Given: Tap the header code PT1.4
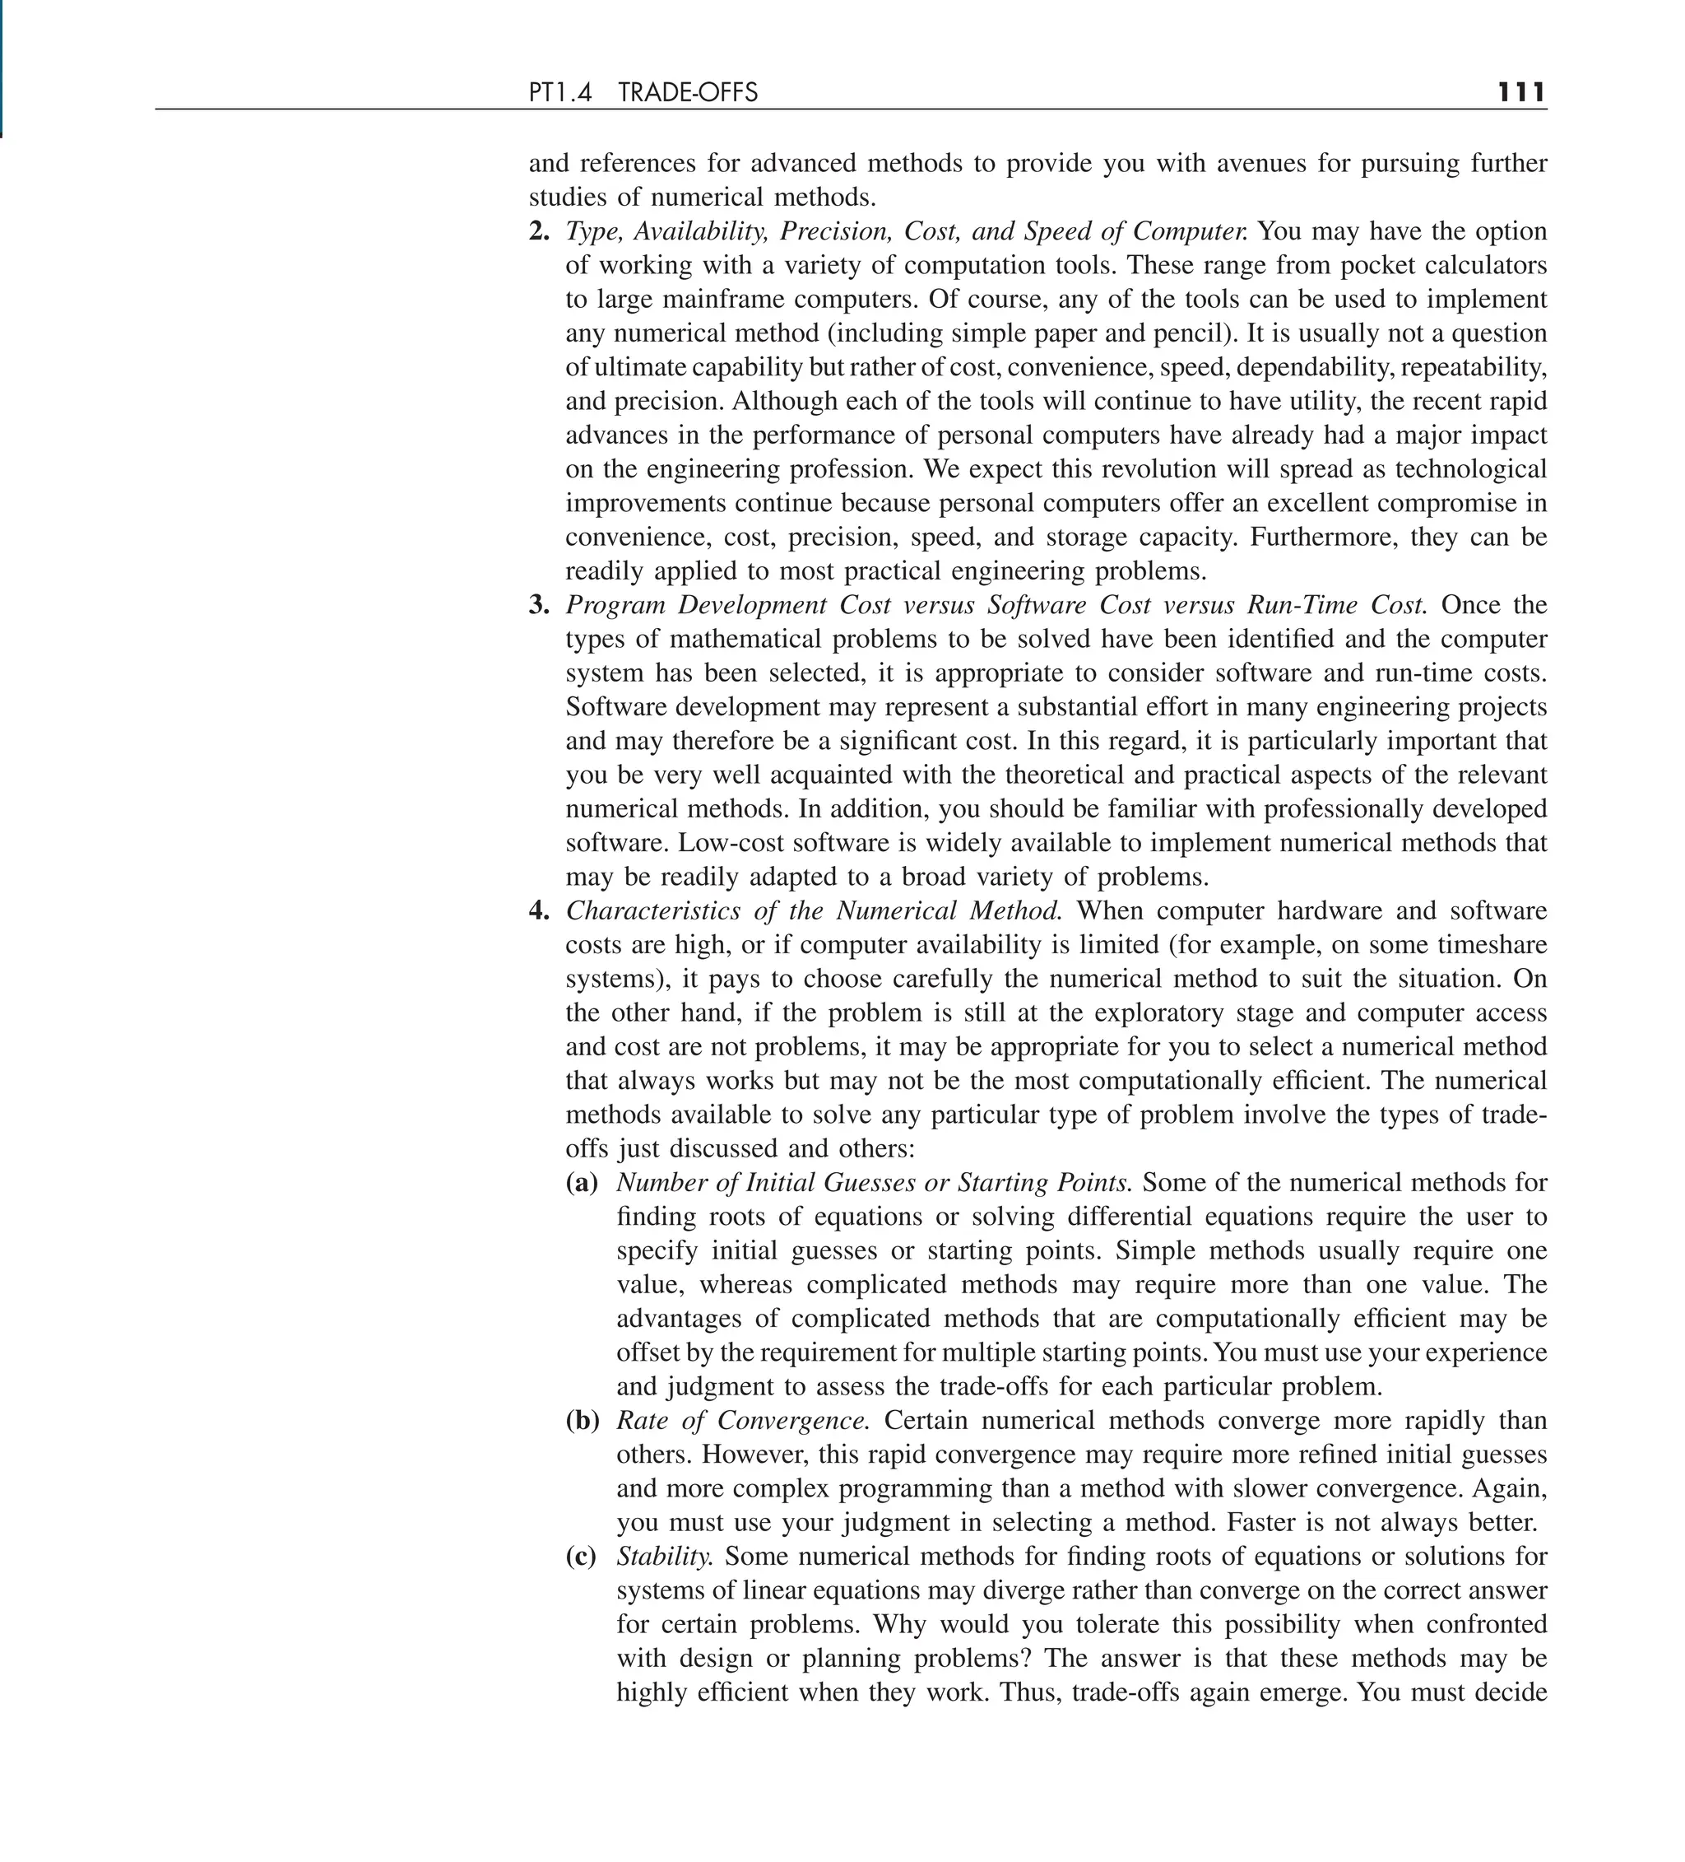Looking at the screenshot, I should tap(559, 92).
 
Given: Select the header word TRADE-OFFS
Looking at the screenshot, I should tap(688, 92).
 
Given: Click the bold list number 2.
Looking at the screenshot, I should tap(538, 231).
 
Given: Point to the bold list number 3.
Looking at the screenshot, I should tap(538, 605).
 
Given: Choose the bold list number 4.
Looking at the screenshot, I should tap(538, 910).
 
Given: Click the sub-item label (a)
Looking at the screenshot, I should tap(582, 1182).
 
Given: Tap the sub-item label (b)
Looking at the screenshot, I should tap(582, 1421).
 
